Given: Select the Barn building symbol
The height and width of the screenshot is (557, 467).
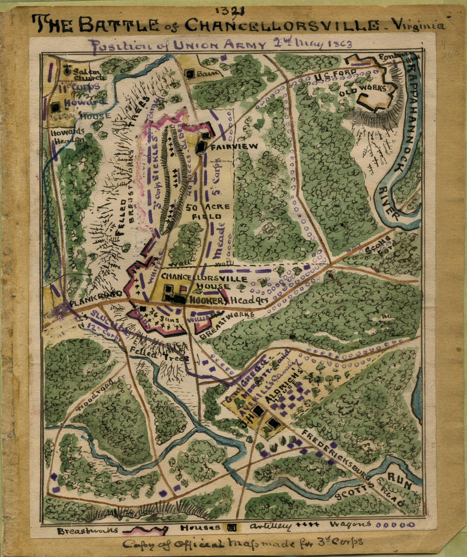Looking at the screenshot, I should point(190,74).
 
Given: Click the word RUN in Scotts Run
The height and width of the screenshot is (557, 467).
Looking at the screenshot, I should point(399,484).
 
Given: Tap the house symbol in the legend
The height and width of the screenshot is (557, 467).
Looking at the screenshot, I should point(231,527).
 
